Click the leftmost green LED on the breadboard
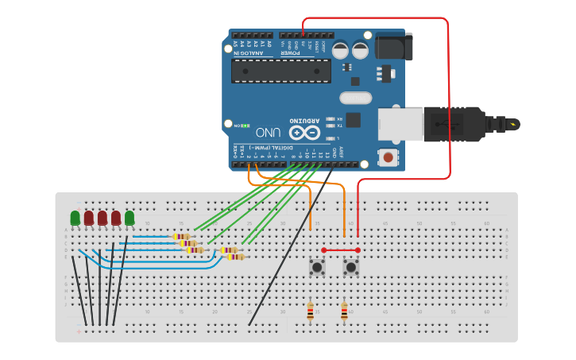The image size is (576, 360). click(x=75, y=217)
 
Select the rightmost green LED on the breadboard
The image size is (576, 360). click(x=130, y=217)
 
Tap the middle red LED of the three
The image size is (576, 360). click(x=102, y=217)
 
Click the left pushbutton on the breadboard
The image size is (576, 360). click(x=317, y=267)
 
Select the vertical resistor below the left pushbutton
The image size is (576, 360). click(x=310, y=311)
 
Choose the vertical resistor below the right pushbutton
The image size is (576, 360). click(x=344, y=311)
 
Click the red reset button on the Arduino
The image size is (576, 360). click(x=388, y=157)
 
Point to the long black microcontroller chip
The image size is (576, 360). click(x=281, y=71)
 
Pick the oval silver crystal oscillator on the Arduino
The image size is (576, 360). click(x=355, y=99)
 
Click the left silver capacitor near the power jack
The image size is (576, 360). click(x=340, y=50)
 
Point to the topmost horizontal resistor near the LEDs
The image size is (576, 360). click(x=182, y=236)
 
